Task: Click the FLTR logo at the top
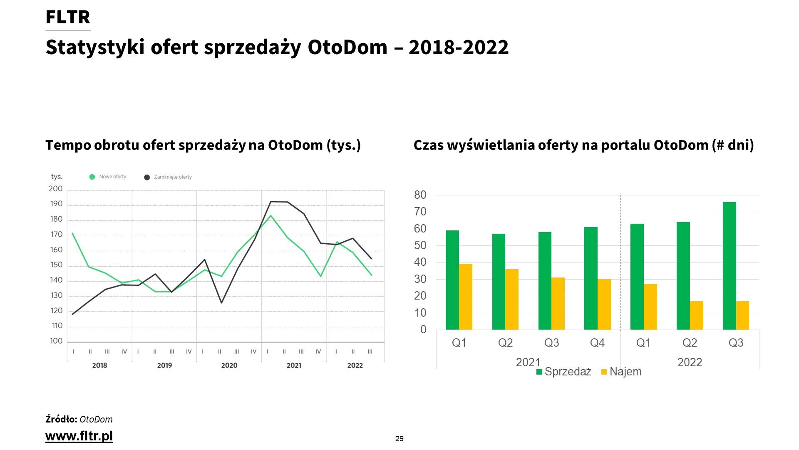click(x=68, y=17)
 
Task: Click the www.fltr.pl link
click(x=79, y=436)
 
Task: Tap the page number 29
click(x=399, y=439)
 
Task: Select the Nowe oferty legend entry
click(x=108, y=177)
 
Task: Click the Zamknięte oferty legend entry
click(x=168, y=177)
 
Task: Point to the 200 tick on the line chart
click(x=55, y=189)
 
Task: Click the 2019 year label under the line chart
click(x=164, y=365)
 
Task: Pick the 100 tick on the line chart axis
click(x=56, y=341)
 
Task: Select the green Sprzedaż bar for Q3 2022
click(x=730, y=266)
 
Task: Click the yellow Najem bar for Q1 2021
click(x=466, y=297)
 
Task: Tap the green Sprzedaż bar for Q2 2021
click(x=499, y=282)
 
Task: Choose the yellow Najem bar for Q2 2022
click(x=697, y=315)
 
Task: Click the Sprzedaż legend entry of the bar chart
click(x=564, y=372)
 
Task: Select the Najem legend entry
click(x=622, y=372)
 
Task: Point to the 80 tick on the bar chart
click(x=420, y=195)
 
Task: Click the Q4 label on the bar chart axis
click(x=597, y=343)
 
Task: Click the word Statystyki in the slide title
click(x=95, y=47)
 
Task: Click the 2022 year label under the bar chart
click(x=690, y=362)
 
